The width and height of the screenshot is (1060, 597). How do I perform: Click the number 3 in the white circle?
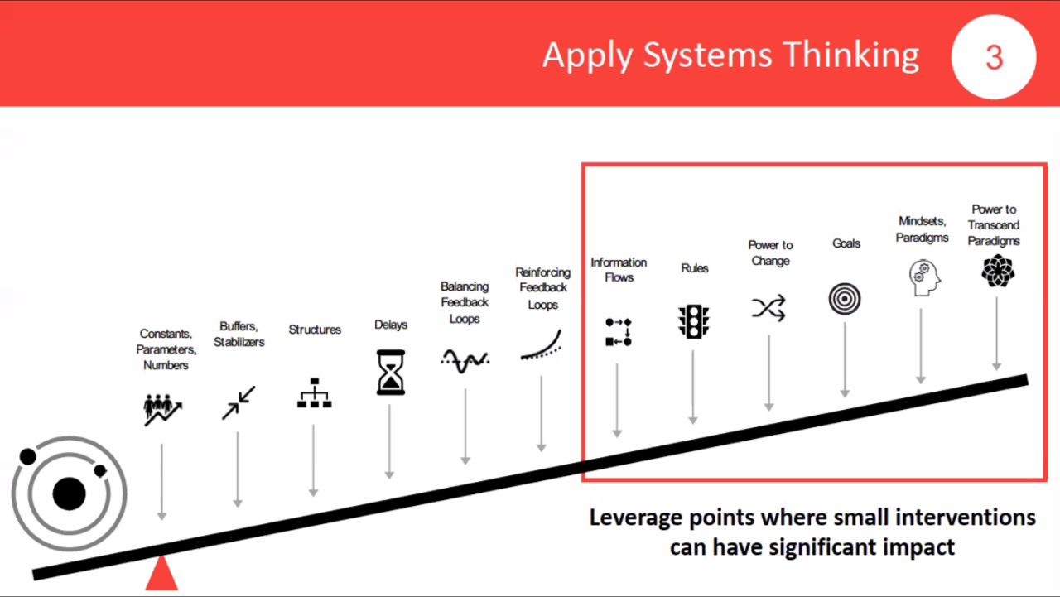point(994,58)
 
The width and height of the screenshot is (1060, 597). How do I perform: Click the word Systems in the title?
point(708,56)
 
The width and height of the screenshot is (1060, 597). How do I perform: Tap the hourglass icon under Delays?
point(390,373)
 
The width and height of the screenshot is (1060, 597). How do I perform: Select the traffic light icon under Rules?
point(694,321)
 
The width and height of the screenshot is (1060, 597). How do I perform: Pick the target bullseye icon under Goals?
point(845,299)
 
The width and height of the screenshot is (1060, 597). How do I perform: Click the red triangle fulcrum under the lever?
point(161,572)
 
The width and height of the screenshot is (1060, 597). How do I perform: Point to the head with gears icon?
point(924,277)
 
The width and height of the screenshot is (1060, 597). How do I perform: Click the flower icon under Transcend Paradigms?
point(998,271)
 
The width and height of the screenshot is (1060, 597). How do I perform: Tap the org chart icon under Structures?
point(314,392)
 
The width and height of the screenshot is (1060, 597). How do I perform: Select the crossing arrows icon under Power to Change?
point(769,308)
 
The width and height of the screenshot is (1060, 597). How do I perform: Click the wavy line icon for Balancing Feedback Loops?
point(465,360)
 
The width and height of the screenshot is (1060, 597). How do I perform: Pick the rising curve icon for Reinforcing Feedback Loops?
point(541,344)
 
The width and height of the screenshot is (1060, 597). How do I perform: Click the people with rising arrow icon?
point(163,410)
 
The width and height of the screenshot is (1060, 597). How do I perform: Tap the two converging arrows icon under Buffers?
point(238,402)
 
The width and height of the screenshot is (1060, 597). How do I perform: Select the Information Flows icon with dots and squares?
point(619,331)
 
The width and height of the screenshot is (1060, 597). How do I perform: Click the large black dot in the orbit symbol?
point(69,493)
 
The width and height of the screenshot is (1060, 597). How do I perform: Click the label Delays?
point(391,325)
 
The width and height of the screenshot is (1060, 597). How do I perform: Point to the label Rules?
point(695,268)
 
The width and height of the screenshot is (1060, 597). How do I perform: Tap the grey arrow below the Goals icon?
point(845,360)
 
